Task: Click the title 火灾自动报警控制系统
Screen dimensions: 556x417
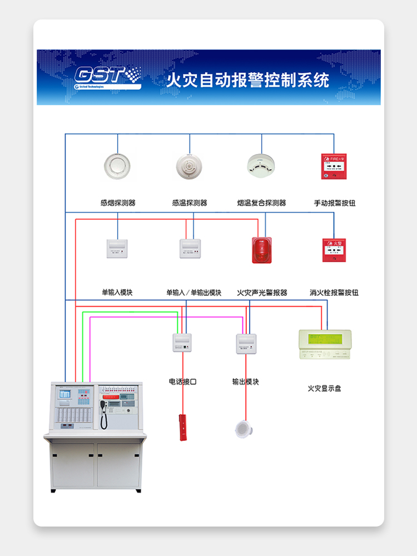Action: (248, 80)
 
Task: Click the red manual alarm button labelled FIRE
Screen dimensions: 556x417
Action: (334, 166)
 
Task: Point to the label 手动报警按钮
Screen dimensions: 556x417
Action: (334, 203)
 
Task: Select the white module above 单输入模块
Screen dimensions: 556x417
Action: (117, 249)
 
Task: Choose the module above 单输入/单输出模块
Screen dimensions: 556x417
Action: (190, 249)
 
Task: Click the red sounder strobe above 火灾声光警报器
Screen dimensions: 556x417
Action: (261, 249)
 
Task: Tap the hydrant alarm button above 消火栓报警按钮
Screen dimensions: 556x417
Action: (334, 250)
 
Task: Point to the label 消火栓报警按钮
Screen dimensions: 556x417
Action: (334, 292)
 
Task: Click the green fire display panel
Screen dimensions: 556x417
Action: (325, 344)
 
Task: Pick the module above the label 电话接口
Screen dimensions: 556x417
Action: (182, 343)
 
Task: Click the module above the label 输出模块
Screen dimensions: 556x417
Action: (246, 343)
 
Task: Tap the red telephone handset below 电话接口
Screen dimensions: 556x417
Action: (182, 427)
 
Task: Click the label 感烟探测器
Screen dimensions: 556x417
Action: (117, 203)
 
